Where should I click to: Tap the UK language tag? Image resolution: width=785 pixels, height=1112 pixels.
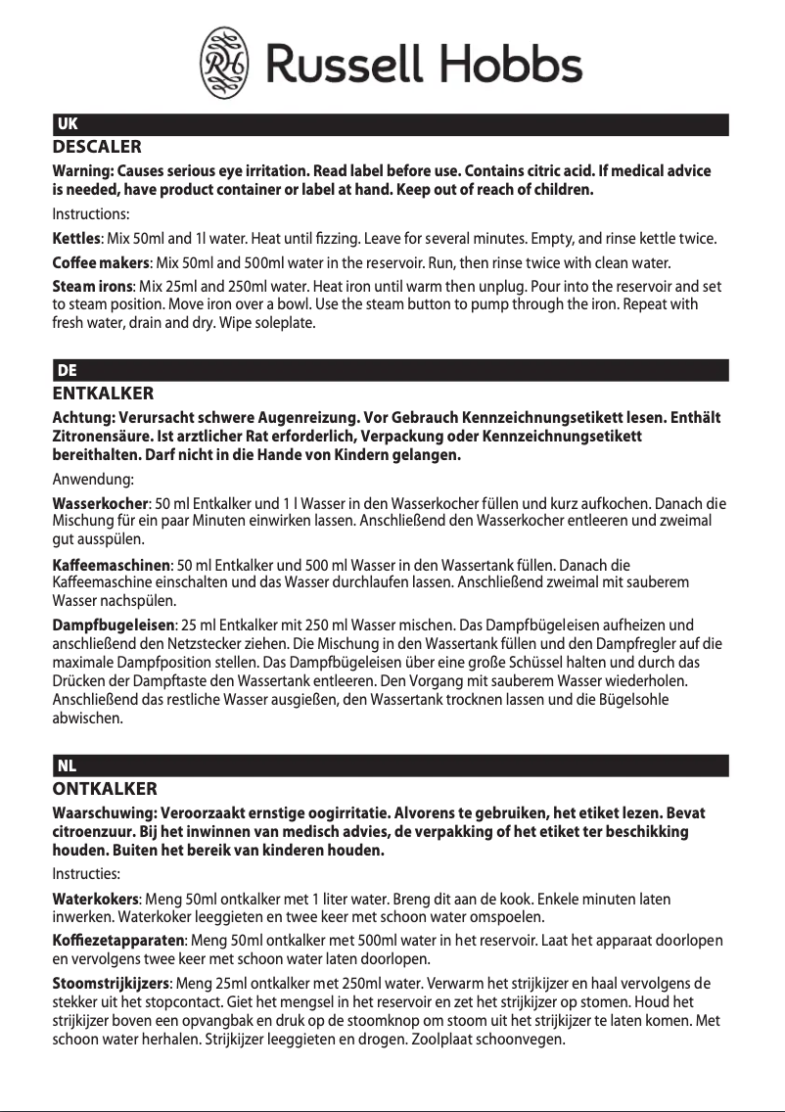[68, 124]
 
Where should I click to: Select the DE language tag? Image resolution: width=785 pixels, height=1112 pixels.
[68, 370]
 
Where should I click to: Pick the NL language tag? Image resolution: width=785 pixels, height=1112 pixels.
[68, 765]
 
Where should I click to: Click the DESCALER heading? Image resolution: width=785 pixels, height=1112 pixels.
[96, 148]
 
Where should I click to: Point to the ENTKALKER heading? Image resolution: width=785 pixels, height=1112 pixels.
[102, 394]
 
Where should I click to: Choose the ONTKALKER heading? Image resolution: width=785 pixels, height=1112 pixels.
[104, 789]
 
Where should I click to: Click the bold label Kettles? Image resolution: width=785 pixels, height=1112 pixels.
[75, 239]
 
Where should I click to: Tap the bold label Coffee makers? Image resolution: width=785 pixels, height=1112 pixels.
[100, 263]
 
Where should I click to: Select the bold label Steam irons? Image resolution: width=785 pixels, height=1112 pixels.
[92, 287]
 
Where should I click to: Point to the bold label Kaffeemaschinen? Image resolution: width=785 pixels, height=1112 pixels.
[111, 565]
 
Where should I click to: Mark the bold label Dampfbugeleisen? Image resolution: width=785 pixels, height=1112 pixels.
[113, 625]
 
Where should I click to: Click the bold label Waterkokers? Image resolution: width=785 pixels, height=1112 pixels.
[96, 899]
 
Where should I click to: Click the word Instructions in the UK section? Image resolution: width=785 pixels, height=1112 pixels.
[90, 213]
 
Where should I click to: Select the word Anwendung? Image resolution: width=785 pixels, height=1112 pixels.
[92, 480]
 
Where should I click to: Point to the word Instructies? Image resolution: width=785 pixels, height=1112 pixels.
[86, 874]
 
